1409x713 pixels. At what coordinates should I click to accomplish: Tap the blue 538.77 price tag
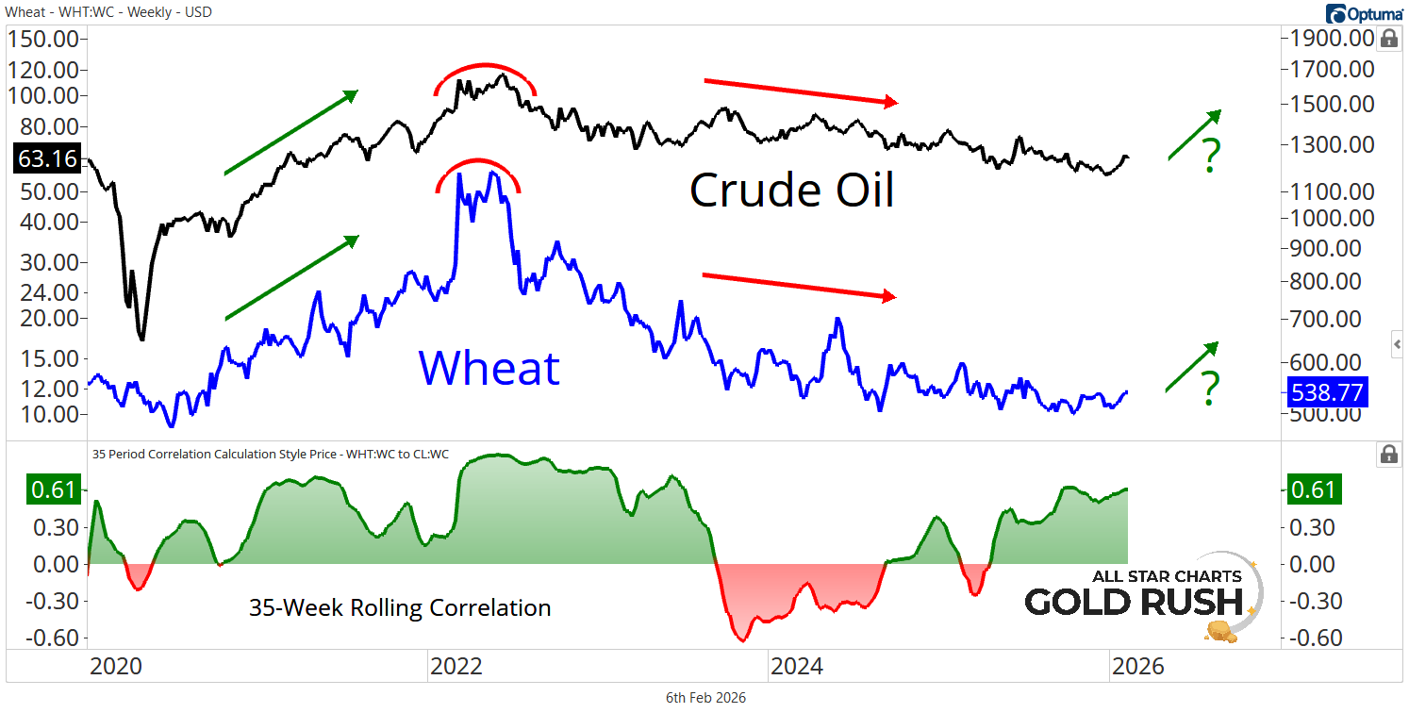coord(1327,390)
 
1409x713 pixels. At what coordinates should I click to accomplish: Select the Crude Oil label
coord(791,191)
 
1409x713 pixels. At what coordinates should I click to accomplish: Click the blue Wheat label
coord(489,367)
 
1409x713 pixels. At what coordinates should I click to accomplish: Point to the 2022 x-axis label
coord(456,667)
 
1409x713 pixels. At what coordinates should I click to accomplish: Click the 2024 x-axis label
coord(796,667)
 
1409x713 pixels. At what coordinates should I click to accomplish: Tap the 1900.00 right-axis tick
coord(1327,39)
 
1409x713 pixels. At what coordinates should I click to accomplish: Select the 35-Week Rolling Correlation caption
coord(400,608)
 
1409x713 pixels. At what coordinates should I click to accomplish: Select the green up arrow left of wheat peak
coord(291,277)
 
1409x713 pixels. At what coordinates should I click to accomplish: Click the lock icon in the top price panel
coord(1388,39)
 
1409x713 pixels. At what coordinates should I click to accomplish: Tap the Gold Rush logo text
coord(1142,601)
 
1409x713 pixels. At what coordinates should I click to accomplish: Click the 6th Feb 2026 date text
coord(705,698)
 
